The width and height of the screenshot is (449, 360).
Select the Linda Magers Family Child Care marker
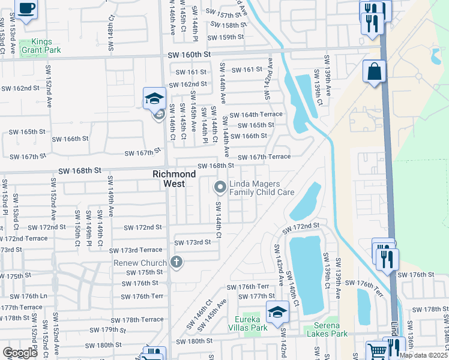tap(220, 188)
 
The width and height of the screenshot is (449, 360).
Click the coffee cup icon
tap(25, 8)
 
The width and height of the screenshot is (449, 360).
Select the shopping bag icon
tap(374, 72)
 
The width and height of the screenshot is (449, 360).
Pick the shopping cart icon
tap(377, 350)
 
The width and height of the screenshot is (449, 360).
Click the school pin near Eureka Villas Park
tap(278, 312)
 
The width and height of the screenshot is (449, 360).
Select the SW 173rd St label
tap(193, 242)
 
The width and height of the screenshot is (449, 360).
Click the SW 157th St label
tap(225, 12)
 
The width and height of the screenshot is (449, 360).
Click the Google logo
tap(20, 352)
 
